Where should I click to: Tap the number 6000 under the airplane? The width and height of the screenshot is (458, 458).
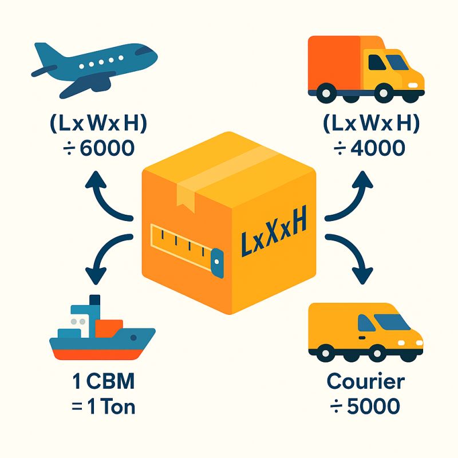coord(107,148)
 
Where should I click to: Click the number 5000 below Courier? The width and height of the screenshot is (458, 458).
coord(373,406)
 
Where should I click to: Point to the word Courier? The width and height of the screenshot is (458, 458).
coord(366,381)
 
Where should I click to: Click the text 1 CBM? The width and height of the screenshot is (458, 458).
coord(104,381)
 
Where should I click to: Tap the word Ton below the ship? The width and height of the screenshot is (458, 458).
coord(119,406)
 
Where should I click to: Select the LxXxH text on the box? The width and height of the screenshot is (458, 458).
coord(274,231)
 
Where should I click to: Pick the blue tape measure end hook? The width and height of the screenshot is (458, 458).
coord(217,263)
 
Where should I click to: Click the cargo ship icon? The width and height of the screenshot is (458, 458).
coord(102,327)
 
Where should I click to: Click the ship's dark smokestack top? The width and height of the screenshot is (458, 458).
coord(94,299)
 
